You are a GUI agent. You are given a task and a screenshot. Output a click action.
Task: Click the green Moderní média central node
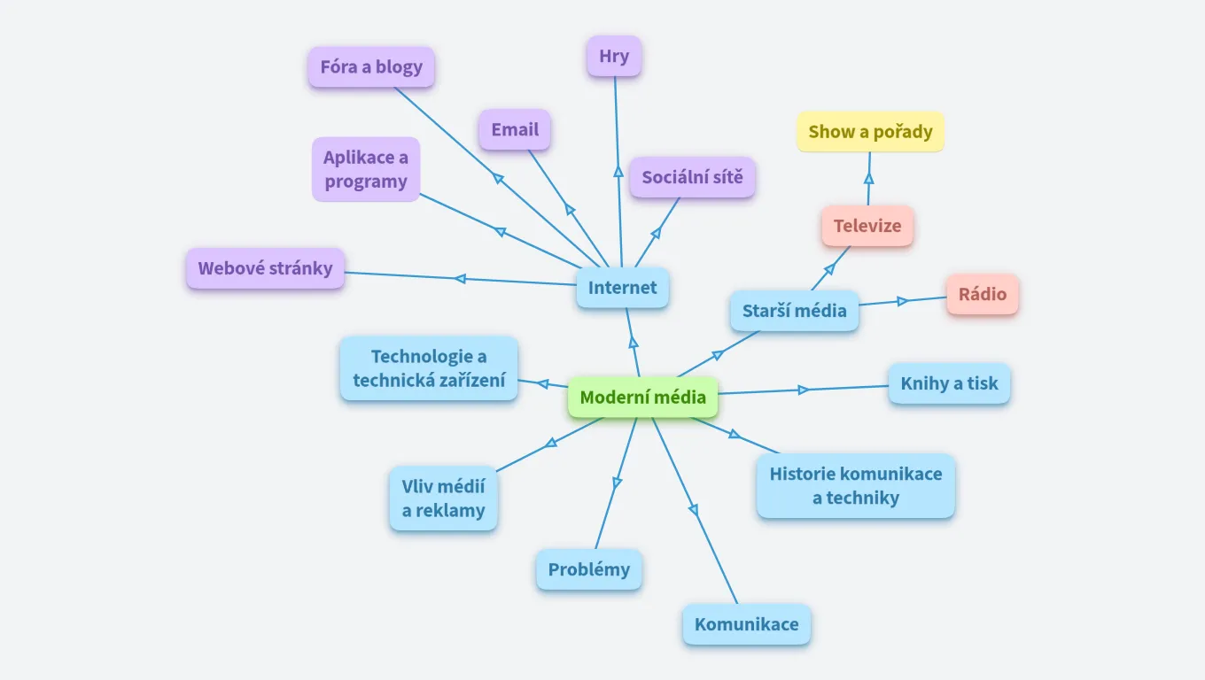pos(642,398)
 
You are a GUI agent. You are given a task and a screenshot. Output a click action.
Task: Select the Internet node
pos(622,288)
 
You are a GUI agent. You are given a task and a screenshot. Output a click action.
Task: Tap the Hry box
pos(614,57)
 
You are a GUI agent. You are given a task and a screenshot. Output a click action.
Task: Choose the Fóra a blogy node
pos(371,67)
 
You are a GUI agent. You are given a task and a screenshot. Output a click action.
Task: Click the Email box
pos(515,130)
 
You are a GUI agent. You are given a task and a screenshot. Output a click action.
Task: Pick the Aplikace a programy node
pos(366,169)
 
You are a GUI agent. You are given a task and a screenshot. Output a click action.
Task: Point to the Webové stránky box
pos(265,268)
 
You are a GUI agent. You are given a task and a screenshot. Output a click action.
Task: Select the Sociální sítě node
pos(692,177)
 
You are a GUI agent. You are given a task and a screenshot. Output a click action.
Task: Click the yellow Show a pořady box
pos(870,132)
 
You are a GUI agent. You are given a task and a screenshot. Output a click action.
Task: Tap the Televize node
pos(867,226)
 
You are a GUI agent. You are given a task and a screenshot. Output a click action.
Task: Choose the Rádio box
pos(983,294)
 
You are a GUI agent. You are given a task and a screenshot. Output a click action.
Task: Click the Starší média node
pos(795,311)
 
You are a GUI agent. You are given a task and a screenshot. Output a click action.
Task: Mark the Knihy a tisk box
pos(949,383)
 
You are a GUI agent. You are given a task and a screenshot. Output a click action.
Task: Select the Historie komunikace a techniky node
pos(855,485)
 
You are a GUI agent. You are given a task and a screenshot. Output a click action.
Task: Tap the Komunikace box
pos(746,624)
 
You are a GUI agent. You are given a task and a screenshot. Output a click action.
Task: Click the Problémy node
pos(588,569)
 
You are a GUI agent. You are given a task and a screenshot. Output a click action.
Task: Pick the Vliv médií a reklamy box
pos(443,498)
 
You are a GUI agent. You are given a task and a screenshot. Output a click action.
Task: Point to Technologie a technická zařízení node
pos(429,368)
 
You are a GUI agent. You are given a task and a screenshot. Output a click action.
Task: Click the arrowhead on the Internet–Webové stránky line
pos(460,279)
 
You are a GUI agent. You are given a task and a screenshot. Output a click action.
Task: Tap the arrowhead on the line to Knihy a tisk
pos(804,390)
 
